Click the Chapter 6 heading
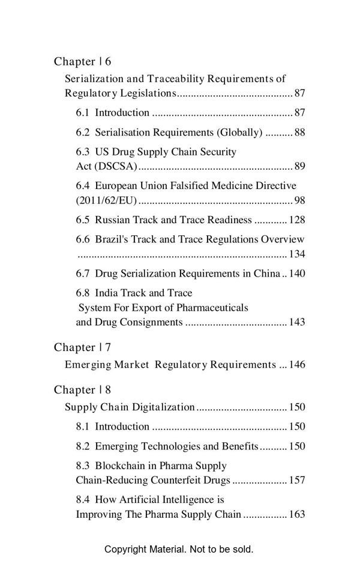(x=82, y=62)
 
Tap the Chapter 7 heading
(x=82, y=347)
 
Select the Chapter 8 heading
(x=82, y=390)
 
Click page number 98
(x=300, y=200)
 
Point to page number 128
(x=297, y=220)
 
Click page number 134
(x=297, y=254)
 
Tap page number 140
(x=297, y=274)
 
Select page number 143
(x=297, y=322)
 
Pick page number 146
(x=297, y=365)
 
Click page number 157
(x=297, y=481)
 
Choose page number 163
(x=297, y=514)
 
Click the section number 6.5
(x=83, y=220)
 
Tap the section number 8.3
(x=83, y=466)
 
